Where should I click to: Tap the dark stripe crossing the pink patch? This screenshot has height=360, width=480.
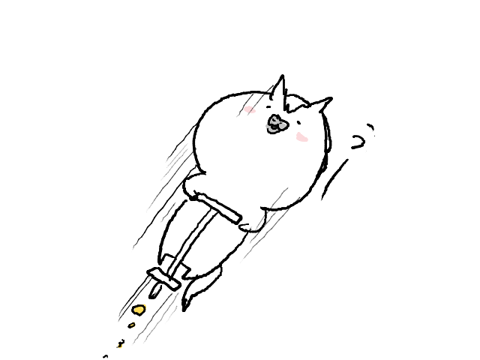[x=251, y=110]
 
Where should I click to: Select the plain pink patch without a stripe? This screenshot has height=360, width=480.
[x=301, y=137]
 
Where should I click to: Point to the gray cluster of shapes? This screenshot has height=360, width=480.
[x=275, y=125]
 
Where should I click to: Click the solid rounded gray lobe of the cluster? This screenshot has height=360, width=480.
[x=283, y=126]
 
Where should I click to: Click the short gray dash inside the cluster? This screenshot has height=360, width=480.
[x=274, y=127]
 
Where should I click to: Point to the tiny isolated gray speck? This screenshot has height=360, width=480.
[x=281, y=118]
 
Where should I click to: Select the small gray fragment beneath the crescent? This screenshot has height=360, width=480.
[x=268, y=133]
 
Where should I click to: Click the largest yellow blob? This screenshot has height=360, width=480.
[x=139, y=310]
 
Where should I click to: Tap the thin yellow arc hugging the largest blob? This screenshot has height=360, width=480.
[x=145, y=306]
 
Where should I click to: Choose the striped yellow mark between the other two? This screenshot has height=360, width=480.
[x=133, y=325]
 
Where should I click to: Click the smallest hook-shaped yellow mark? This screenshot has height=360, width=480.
[x=120, y=346]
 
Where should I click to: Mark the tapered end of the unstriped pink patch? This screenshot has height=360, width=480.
[x=306, y=139]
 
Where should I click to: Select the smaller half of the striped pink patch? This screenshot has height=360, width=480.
[x=253, y=111]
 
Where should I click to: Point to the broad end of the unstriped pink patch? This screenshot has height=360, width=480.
[x=299, y=136]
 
